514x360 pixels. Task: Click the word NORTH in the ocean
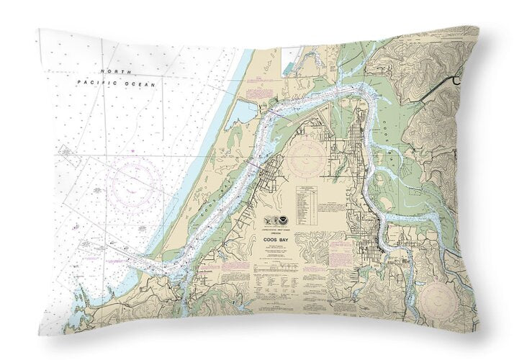click(112, 73)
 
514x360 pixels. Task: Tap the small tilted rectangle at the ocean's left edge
click(64, 151)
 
